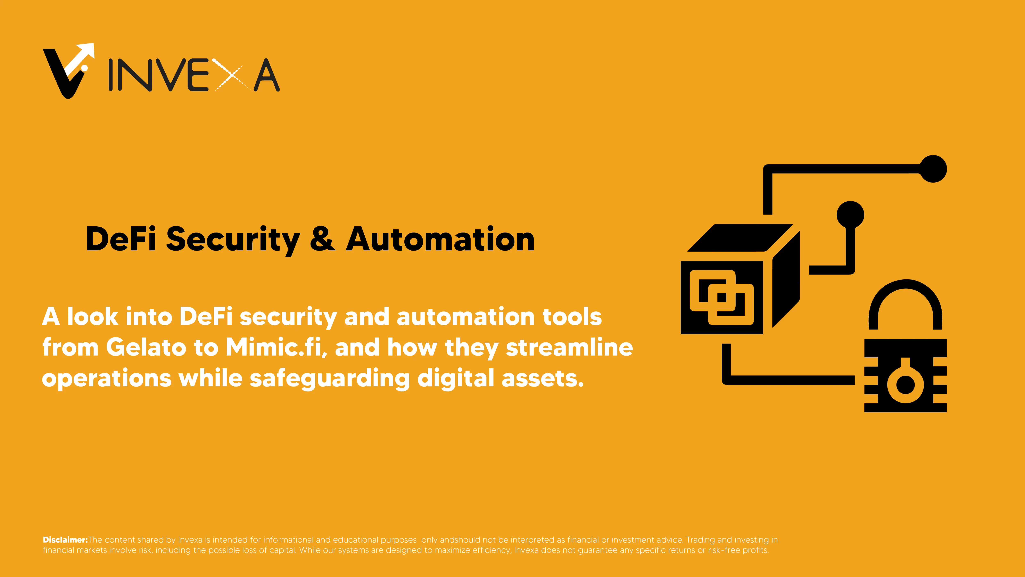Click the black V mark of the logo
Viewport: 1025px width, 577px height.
point(64,74)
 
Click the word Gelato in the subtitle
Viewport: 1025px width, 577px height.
point(146,347)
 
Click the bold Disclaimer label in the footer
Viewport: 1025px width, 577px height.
point(65,540)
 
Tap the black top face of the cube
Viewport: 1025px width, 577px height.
point(740,238)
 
